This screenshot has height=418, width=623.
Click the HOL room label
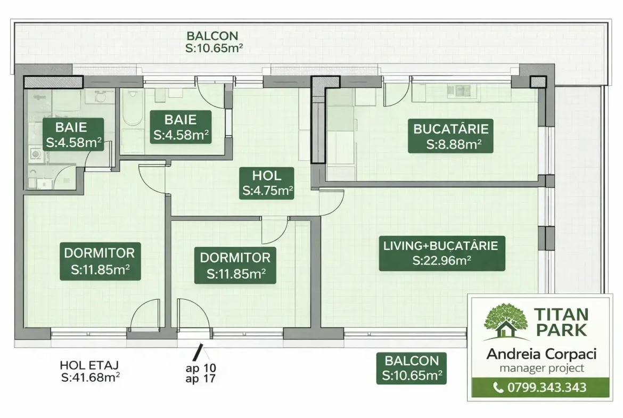click(267, 183)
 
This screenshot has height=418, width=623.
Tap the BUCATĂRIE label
click(450, 136)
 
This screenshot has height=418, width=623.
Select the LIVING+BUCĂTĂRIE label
click(442, 253)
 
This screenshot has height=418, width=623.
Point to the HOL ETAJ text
click(89, 365)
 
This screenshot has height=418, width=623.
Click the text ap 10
click(201, 368)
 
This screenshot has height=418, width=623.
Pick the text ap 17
click(201, 379)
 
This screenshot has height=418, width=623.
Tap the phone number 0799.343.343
click(547, 388)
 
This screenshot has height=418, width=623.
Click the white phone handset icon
click(498, 388)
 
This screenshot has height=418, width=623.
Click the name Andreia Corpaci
click(542, 354)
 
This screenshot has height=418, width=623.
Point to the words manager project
click(542, 368)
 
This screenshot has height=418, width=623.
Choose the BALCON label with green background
click(412, 368)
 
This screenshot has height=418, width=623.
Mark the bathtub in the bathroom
click(133, 107)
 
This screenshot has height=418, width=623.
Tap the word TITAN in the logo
click(561, 315)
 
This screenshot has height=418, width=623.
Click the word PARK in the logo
click(561, 330)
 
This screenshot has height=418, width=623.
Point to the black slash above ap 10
click(198, 351)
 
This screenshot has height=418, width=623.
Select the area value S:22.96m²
click(442, 261)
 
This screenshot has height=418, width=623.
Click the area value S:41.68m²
click(91, 378)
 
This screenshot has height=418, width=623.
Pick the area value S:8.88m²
click(454, 144)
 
